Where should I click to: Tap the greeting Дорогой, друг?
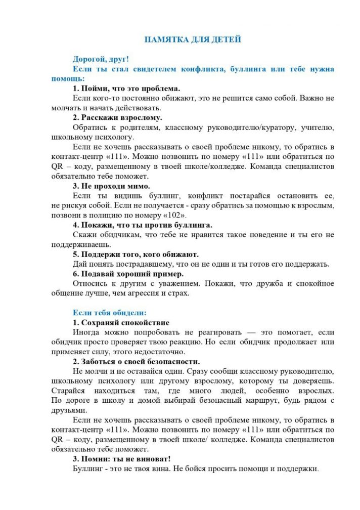coord(101,59)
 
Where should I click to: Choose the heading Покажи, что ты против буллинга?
coord(142,225)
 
